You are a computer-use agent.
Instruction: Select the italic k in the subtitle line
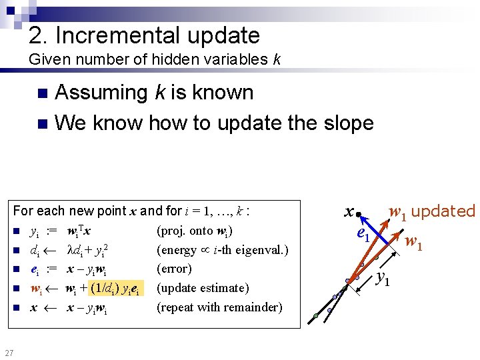point(276,59)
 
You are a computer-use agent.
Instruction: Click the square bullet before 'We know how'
point(42,123)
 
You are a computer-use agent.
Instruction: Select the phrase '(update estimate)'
point(203,288)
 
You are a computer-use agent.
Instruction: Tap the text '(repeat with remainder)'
point(219,307)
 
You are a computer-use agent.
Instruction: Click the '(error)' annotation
point(174,269)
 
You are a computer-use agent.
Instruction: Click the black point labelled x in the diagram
point(358,215)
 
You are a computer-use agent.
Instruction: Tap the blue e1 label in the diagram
point(363,234)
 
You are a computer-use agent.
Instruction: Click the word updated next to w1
point(443,211)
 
